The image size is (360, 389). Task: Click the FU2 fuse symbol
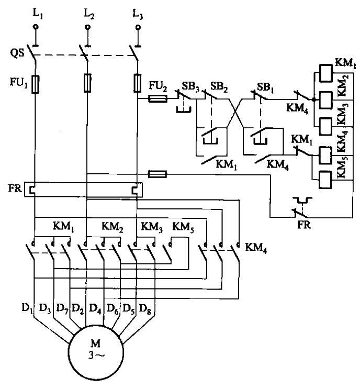tap(158, 98)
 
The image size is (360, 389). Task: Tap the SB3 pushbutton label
tap(189, 85)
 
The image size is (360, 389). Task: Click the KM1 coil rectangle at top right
tap(327, 73)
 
